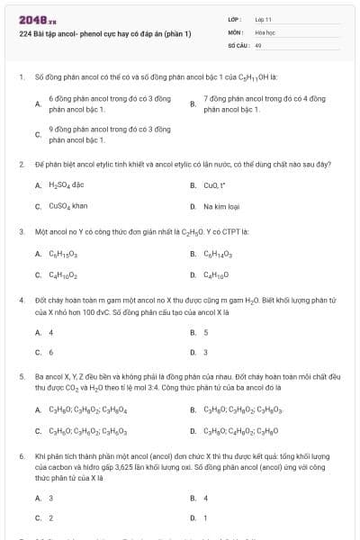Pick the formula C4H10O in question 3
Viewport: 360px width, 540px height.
click(x=219, y=274)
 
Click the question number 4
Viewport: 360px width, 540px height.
click(x=21, y=298)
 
